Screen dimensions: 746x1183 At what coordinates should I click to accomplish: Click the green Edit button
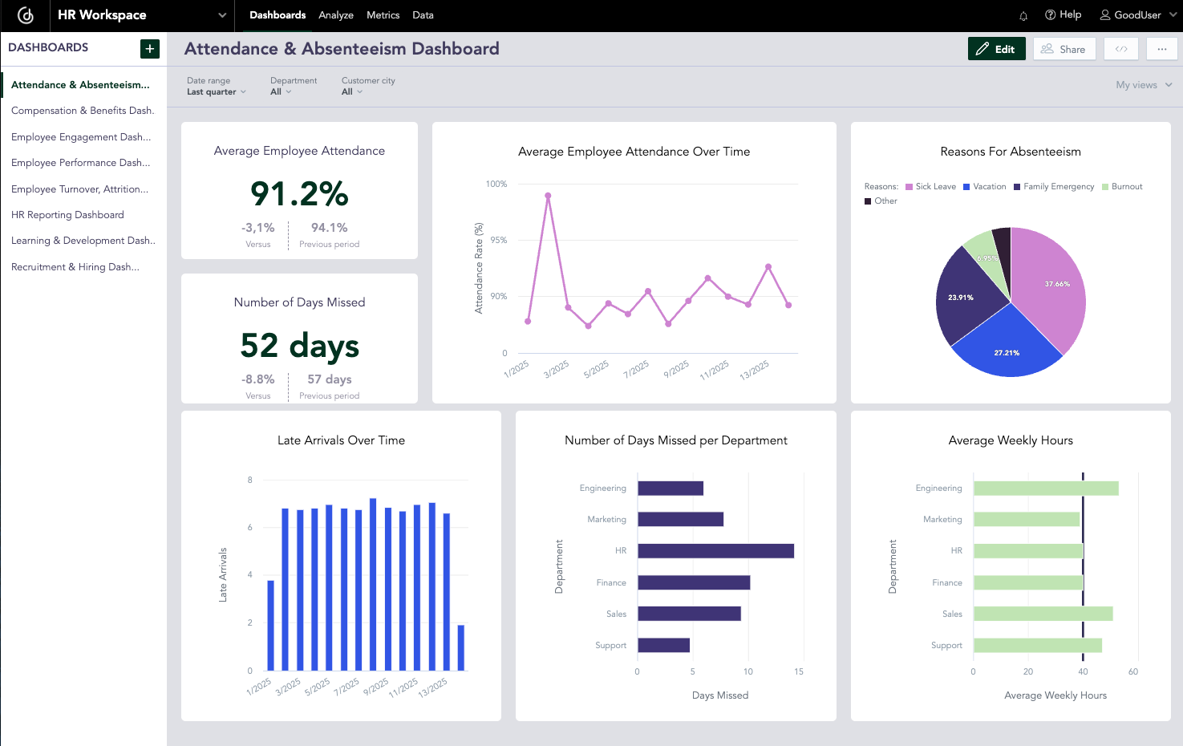(996, 49)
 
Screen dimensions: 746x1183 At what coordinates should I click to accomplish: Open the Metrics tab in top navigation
(383, 15)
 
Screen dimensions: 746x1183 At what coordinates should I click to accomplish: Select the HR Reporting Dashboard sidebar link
(67, 215)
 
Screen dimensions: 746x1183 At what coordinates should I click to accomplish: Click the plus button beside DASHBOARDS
(149, 49)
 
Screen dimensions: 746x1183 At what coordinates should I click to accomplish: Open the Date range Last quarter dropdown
(216, 91)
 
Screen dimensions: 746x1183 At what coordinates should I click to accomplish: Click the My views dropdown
(1143, 85)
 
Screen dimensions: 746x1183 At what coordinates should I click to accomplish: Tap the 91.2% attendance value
(299, 194)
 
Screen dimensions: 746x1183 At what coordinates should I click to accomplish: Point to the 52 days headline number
(299, 346)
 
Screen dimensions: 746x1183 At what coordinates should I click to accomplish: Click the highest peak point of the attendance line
(548, 196)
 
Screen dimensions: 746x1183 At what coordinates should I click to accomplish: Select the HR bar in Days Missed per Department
(715, 551)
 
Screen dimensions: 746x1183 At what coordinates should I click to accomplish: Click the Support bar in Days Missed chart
(663, 646)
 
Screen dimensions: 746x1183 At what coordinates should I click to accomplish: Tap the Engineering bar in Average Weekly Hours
(1045, 489)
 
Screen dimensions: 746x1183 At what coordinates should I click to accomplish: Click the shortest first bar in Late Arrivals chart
(270, 626)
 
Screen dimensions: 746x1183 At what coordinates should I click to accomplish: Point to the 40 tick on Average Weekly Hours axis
(1083, 672)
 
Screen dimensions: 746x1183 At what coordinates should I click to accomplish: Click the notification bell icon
(1023, 16)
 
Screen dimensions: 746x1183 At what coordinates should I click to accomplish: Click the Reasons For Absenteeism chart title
(1010, 152)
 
